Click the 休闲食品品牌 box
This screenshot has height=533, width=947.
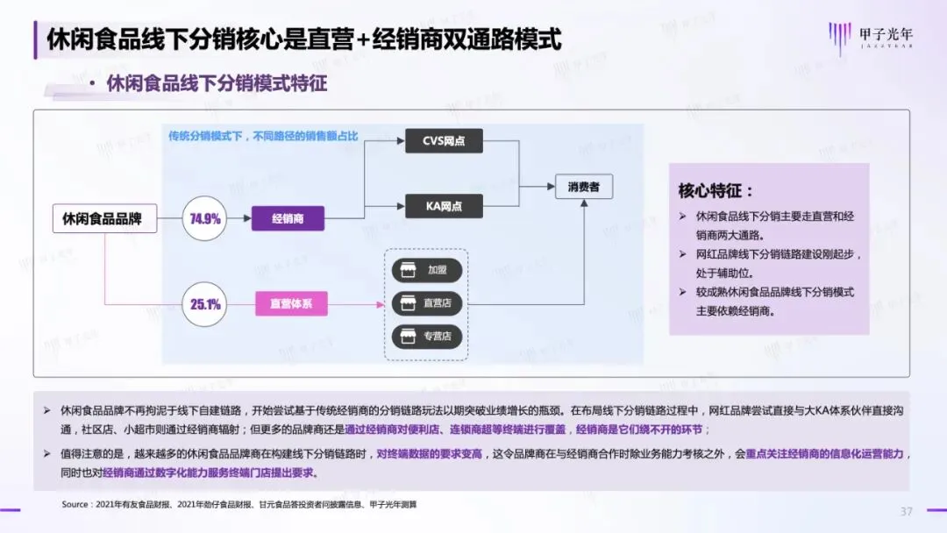pyautogui.click(x=103, y=218)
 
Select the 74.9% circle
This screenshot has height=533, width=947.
pyautogui.click(x=204, y=218)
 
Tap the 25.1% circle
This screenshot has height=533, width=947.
pyautogui.click(x=204, y=304)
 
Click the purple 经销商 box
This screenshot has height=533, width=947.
pyautogui.click(x=288, y=218)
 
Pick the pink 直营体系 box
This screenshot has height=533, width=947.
pyautogui.click(x=291, y=304)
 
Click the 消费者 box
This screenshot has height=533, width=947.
pyautogui.click(x=584, y=187)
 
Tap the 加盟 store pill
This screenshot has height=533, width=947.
pyautogui.click(x=426, y=270)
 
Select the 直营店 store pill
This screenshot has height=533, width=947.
pyautogui.click(x=426, y=302)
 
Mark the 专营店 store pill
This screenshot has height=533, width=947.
pyautogui.click(x=426, y=335)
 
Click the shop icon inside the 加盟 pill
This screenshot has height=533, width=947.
pyautogui.click(x=406, y=270)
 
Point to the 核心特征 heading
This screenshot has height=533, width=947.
pyautogui.click(x=716, y=190)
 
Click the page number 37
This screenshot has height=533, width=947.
pyautogui.click(x=907, y=511)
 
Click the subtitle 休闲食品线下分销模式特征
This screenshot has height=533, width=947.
pyautogui.click(x=217, y=84)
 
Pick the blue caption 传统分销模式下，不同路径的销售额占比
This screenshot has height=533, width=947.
pyautogui.click(x=264, y=136)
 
